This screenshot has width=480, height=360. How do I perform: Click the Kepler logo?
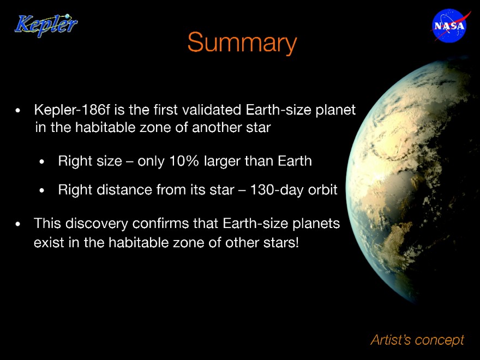point(46,26)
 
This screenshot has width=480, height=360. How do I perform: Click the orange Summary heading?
point(242,42)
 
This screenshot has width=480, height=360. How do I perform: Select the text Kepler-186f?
point(72,110)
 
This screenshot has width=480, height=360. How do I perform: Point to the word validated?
point(211,110)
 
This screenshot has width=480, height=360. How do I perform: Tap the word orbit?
point(323,190)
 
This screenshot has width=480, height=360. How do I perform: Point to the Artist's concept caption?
point(417,340)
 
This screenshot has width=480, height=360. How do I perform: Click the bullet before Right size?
point(42,161)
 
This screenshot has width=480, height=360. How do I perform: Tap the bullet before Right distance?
point(42,191)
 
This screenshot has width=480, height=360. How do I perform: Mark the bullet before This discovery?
point(18,224)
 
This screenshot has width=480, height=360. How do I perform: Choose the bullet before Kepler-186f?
point(18,111)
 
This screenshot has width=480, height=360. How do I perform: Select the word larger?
point(222,161)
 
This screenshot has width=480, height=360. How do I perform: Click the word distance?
point(124,190)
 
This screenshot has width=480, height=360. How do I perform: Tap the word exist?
point(49,243)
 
